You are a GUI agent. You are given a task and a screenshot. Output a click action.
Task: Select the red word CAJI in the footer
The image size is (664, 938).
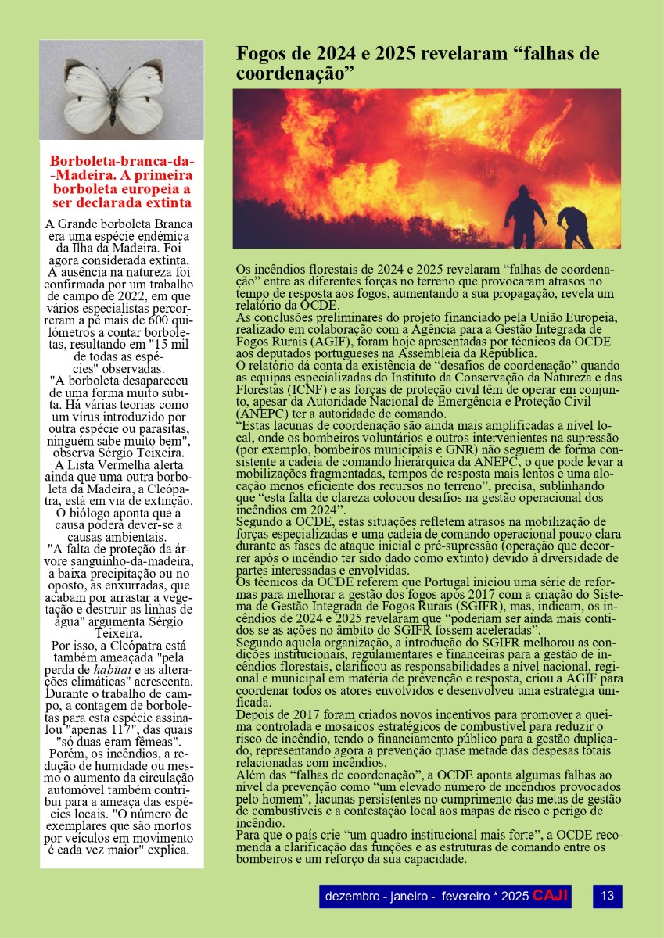[x=550, y=895]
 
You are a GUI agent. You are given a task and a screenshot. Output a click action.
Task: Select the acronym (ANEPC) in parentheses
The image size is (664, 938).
[x=264, y=414]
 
